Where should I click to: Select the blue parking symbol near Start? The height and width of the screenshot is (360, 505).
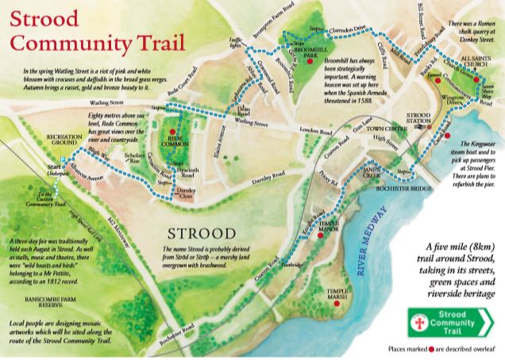(x=58, y=159)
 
